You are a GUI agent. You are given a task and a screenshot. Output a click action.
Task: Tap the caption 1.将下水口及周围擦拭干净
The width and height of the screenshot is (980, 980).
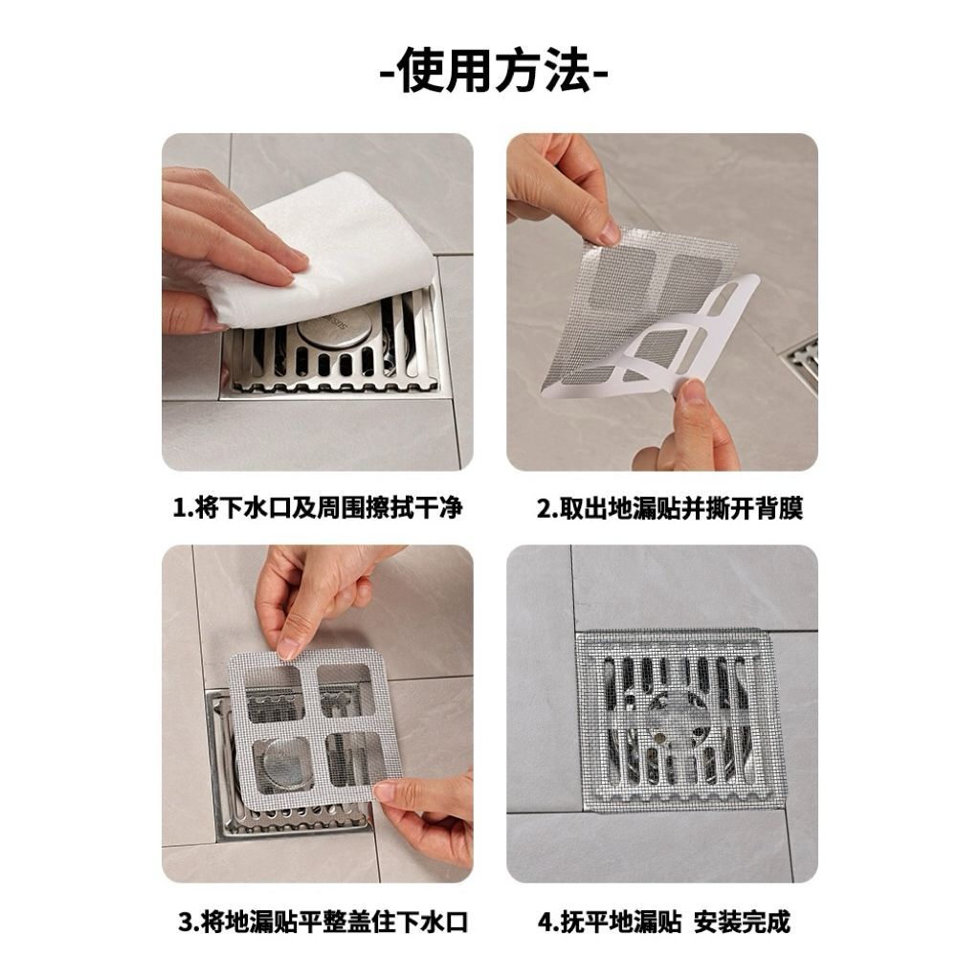coord(318,507)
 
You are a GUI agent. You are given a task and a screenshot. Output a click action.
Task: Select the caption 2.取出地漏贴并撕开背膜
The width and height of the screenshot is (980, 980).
coord(669,507)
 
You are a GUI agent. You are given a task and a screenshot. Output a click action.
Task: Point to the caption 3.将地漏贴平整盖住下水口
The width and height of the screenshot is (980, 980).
coord(323,922)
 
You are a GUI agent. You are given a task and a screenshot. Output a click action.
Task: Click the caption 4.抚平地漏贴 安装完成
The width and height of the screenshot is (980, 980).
coord(664,922)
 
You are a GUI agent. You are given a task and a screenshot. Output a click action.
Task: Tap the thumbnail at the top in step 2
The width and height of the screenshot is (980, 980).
coord(606,235)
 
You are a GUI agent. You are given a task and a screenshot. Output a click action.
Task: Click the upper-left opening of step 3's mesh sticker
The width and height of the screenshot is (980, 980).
coord(275,693)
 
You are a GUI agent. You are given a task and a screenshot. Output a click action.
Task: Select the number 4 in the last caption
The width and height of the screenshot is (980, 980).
coord(545,923)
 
